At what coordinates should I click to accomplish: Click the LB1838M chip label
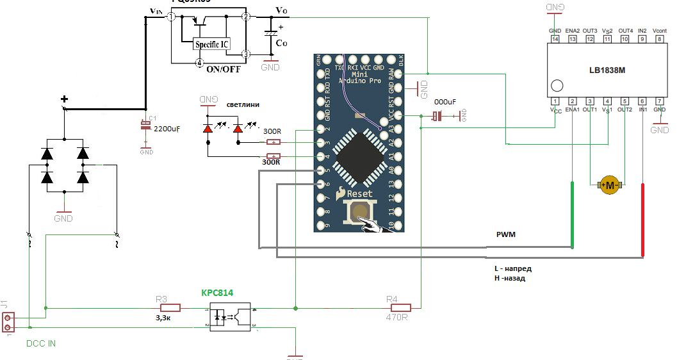tap(607, 70)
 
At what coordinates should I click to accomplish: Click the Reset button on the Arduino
tap(360, 213)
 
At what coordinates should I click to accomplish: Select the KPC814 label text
tap(217, 293)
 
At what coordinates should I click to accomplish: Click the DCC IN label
tap(41, 343)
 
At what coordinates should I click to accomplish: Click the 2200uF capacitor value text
tap(167, 129)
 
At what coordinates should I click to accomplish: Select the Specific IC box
tap(212, 44)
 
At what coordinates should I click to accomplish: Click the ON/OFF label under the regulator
tap(223, 69)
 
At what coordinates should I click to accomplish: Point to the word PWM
tap(506, 235)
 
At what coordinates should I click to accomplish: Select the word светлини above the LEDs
tap(242, 104)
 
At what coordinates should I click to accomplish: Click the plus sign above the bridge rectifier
tap(64, 99)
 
